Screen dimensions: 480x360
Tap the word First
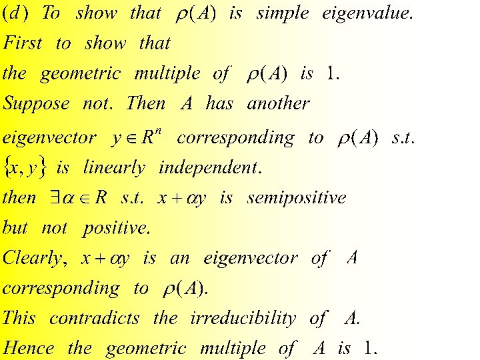(x=23, y=44)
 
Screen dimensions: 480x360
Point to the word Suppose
(x=36, y=104)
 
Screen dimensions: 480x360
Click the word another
(x=279, y=104)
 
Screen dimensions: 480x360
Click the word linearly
(x=114, y=167)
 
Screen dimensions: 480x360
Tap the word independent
(x=210, y=167)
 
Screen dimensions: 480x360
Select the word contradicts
(x=95, y=318)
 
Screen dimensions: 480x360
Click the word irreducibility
(x=243, y=318)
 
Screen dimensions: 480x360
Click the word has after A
(x=219, y=104)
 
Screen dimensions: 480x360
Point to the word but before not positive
(x=15, y=228)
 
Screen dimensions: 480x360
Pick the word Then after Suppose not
(x=145, y=104)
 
